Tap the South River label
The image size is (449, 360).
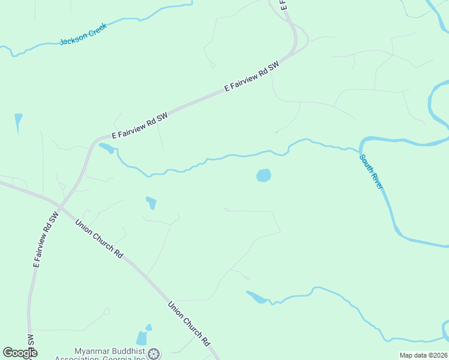[371, 172]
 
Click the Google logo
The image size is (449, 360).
[20, 353]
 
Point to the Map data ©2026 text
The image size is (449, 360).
[423, 355]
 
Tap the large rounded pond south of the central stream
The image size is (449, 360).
[264, 175]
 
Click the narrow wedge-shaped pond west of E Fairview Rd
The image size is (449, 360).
[18, 122]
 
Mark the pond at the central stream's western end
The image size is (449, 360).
[106, 147]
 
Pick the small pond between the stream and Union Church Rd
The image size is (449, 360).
[151, 203]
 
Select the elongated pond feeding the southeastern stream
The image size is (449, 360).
[256, 296]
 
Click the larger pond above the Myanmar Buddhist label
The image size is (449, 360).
[142, 338]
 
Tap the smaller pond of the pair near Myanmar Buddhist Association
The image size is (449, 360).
[149, 328]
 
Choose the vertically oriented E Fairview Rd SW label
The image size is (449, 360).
[44, 239]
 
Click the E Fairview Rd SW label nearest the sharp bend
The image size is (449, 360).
[253, 77]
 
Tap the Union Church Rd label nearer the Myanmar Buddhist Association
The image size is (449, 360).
[188, 323]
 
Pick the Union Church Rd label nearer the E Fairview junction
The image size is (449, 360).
[99, 238]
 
